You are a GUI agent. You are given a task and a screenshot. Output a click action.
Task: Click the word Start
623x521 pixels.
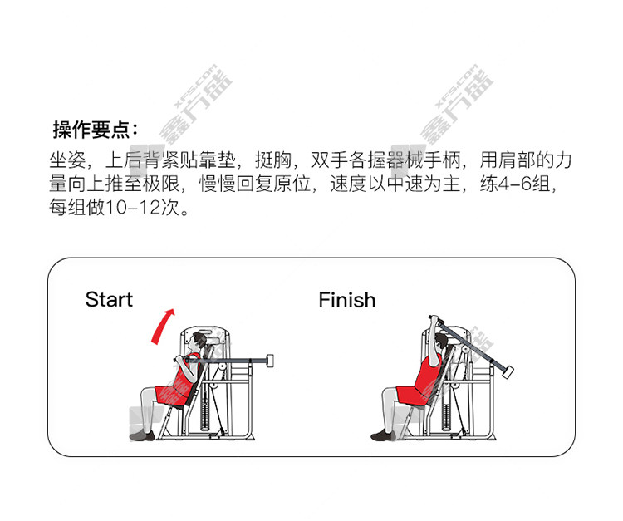tap(109, 300)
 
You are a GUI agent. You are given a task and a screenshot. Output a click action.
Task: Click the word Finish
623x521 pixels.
tap(347, 300)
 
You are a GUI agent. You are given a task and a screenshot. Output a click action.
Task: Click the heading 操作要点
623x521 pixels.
tap(92, 130)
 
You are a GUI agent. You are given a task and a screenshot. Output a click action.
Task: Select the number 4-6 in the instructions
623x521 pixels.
tap(515, 184)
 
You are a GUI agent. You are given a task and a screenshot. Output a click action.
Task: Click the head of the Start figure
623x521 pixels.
tap(198, 342)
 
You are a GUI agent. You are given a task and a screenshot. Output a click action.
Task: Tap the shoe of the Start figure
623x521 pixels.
tap(142, 435)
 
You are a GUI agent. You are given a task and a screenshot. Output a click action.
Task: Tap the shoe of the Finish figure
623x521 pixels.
tap(383, 435)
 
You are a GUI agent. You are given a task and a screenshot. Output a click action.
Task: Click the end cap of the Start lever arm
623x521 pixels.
tap(270, 361)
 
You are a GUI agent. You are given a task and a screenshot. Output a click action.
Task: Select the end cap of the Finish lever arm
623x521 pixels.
tap(508, 371)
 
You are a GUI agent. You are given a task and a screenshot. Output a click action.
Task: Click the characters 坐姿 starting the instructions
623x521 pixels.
tap(67, 160)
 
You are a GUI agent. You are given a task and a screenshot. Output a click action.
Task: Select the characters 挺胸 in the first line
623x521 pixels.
tap(273, 160)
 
